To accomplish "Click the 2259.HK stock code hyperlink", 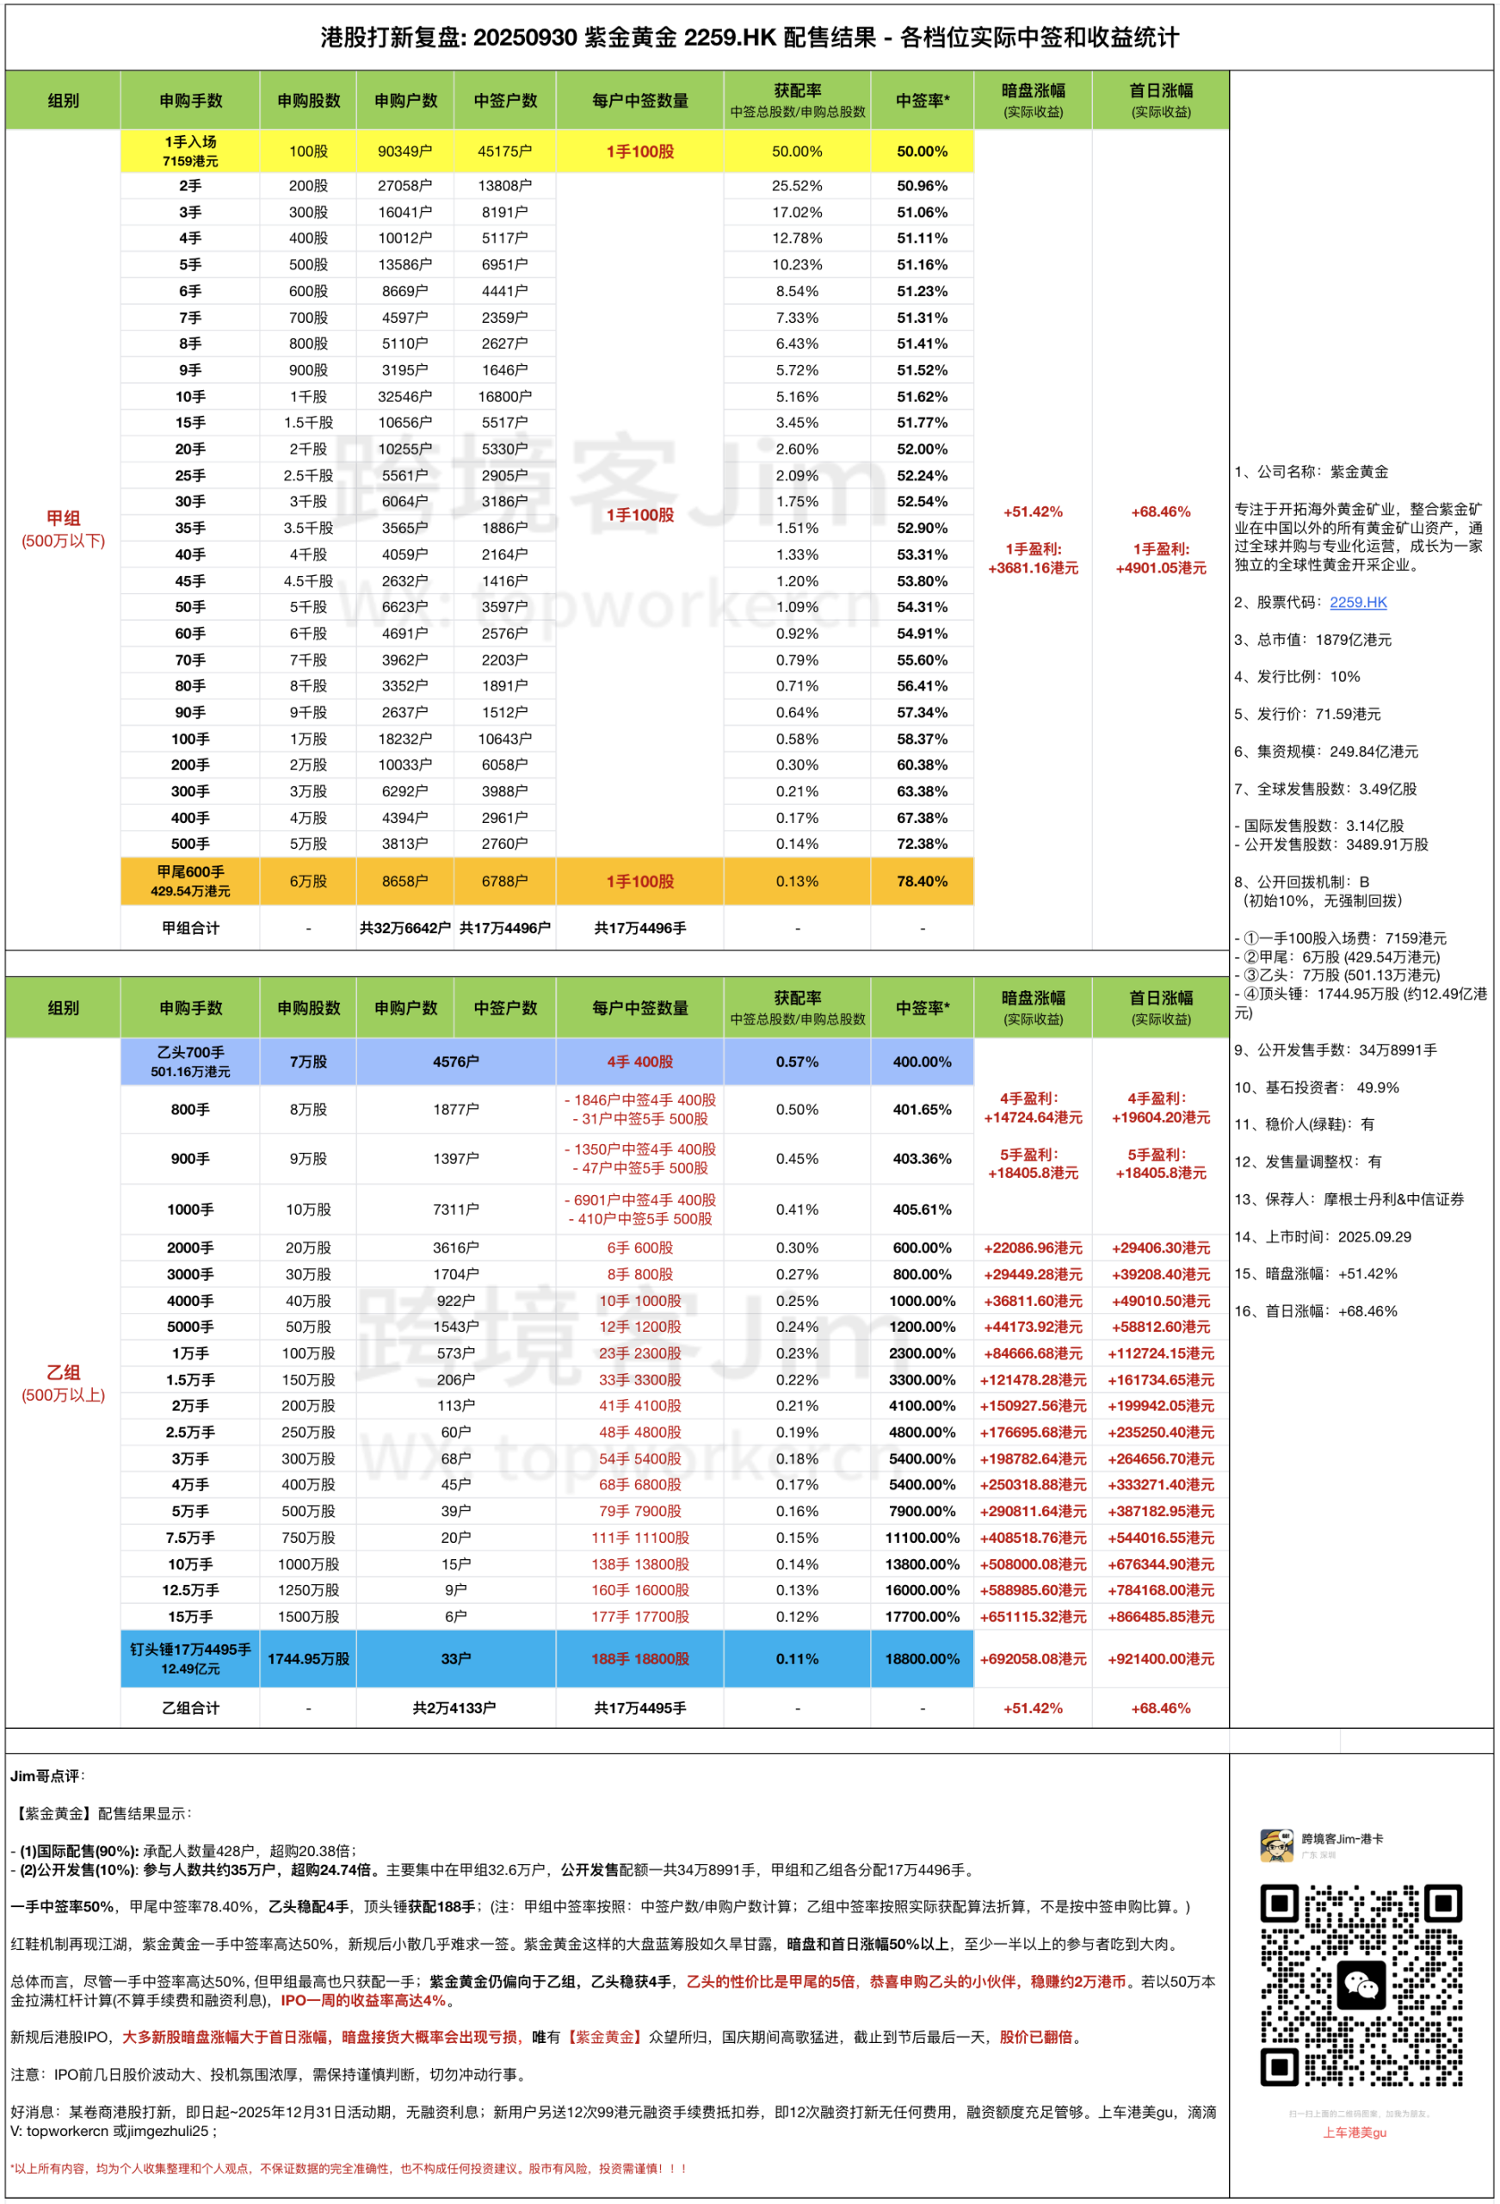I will point(1358,602).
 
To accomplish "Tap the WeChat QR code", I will point(1361,1986).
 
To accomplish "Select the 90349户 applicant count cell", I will point(404,152).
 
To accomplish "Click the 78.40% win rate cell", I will point(922,881).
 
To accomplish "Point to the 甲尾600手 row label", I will point(190,881).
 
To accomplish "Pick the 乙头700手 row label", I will point(190,1062).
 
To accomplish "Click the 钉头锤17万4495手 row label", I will point(190,1658).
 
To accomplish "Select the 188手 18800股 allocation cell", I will point(640,1659).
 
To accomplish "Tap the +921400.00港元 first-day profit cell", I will point(1161,1659).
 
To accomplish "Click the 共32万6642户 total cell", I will point(404,928).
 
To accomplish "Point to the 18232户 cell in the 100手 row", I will point(404,739).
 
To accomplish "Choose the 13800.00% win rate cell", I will point(922,1563).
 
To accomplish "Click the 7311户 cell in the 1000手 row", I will point(456,1209).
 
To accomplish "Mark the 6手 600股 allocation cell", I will point(640,1248).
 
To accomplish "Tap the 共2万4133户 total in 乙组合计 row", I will point(456,1708).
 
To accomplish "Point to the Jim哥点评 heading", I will point(47,1776).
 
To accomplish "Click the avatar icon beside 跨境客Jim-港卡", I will point(1276,1846).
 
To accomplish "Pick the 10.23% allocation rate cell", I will point(796,264).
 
